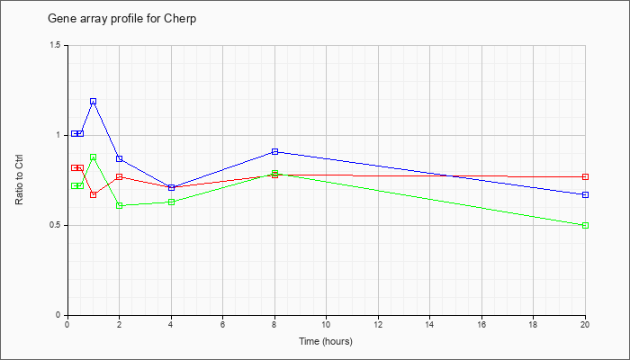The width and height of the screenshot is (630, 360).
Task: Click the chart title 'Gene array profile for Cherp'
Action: pos(122,19)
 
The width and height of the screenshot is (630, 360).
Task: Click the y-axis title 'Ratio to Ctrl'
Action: pos(19,179)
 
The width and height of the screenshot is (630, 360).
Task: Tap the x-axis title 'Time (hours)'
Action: pos(326,341)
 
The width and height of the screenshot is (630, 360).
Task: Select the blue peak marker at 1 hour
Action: pos(94,102)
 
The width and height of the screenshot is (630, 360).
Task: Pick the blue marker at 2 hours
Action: pos(120,158)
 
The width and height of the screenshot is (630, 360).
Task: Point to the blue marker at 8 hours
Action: pos(274,151)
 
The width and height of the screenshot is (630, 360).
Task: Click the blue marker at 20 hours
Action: pos(585,195)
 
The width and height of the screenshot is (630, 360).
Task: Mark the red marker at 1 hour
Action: pos(94,195)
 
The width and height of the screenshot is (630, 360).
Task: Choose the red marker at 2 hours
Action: pos(120,176)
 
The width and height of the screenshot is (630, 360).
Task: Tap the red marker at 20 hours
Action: pos(585,176)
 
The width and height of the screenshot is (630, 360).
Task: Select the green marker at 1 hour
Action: pos(94,157)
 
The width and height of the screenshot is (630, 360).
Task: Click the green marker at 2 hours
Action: pos(120,206)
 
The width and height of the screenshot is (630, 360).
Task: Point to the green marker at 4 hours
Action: pos(172,202)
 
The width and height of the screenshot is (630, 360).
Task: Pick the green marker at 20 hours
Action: pos(585,225)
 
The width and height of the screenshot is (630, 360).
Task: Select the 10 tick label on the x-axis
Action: pos(326,324)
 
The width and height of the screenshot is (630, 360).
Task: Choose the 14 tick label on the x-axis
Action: pos(429,324)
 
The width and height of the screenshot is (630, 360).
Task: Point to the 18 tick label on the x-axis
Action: pos(533,324)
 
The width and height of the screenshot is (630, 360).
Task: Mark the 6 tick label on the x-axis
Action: pos(222,324)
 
